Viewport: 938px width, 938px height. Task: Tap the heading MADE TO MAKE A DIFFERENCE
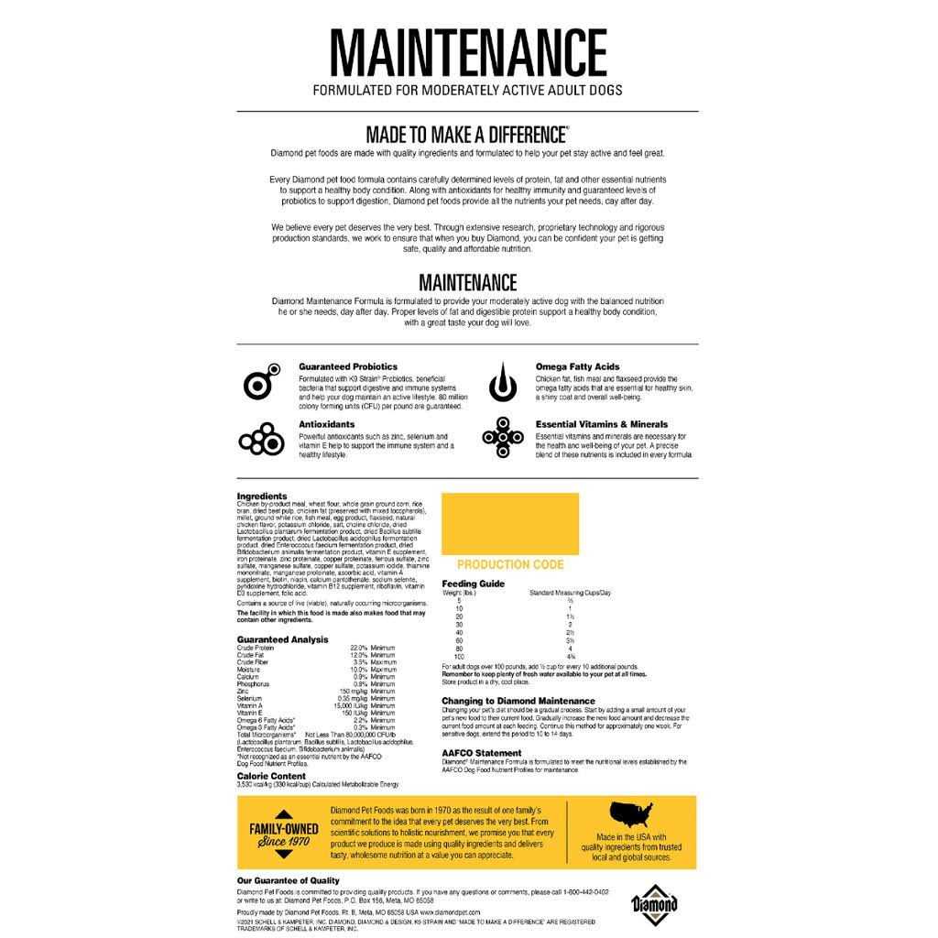tap(467, 133)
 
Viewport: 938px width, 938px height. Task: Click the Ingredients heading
tap(261, 496)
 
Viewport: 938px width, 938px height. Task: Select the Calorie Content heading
tap(271, 775)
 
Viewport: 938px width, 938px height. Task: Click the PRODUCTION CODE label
tap(510, 565)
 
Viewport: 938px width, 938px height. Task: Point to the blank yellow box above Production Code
tap(510, 523)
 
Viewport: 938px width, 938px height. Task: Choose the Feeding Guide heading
tap(473, 583)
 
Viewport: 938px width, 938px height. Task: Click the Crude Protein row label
tap(256, 648)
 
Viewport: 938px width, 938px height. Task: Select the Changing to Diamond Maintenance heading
tap(518, 701)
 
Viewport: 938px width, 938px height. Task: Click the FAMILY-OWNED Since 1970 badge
tap(284, 834)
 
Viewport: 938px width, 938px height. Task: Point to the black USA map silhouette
tap(631, 814)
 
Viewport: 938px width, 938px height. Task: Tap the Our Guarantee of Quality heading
tap(288, 880)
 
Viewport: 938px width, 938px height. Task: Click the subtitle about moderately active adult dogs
tap(468, 91)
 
